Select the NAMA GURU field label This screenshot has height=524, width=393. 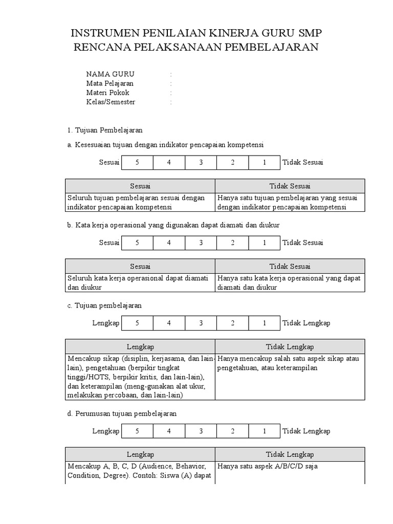[x=110, y=74]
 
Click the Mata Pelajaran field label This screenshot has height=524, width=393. [x=110, y=83]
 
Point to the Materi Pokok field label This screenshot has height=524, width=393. [x=108, y=93]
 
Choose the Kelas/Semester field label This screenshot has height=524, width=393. [x=111, y=102]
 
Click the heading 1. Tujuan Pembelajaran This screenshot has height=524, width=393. [x=105, y=130]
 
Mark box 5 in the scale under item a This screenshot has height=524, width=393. [x=137, y=163]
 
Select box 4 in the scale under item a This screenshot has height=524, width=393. [x=169, y=163]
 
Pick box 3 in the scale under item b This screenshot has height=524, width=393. [x=201, y=243]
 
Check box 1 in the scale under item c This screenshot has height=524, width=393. [x=264, y=323]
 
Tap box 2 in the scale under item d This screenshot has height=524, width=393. [x=232, y=431]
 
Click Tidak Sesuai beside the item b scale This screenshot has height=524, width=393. [x=302, y=243]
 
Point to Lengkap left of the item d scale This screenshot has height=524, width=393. [x=106, y=431]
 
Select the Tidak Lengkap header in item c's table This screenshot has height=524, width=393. [x=290, y=346]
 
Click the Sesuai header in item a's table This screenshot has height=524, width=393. [x=140, y=186]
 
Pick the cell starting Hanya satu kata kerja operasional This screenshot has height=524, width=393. [x=289, y=282]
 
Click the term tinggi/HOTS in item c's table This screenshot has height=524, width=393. [x=86, y=377]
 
